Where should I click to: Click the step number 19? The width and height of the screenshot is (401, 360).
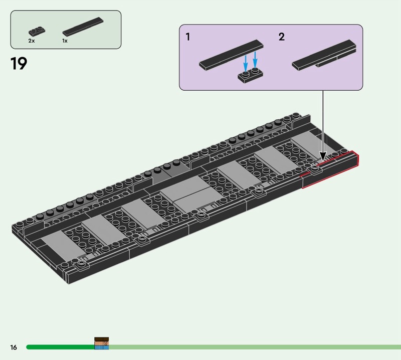(19, 64)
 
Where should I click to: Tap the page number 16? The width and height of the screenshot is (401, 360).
(14, 347)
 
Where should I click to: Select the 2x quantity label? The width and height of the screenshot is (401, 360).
(32, 41)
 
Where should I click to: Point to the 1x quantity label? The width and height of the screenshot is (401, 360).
(65, 41)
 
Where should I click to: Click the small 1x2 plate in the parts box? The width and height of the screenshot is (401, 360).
(37, 31)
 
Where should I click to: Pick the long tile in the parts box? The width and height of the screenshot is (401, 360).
(83, 27)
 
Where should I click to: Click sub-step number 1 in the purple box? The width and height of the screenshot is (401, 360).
(188, 37)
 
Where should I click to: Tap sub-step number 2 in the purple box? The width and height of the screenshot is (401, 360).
(281, 37)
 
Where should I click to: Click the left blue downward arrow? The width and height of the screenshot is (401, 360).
(246, 63)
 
